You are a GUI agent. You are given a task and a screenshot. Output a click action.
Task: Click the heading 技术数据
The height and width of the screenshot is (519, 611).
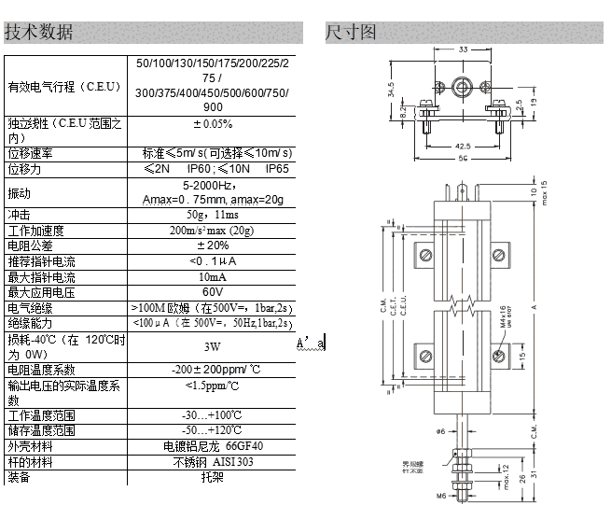[x=39, y=32]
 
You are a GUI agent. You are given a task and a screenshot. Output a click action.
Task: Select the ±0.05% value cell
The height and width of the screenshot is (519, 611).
[x=213, y=123]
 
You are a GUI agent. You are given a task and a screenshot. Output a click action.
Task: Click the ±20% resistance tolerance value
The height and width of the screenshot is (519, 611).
[x=213, y=245]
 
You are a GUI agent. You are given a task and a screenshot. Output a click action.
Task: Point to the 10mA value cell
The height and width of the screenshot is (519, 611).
[x=213, y=277]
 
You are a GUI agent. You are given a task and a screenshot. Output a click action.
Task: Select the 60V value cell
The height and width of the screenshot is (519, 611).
[x=213, y=292]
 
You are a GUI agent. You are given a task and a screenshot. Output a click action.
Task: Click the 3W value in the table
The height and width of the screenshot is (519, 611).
[x=213, y=345]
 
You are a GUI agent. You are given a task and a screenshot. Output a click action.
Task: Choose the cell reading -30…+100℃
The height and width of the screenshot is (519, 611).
[x=213, y=414]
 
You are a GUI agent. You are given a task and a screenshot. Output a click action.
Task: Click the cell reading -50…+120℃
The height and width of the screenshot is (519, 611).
[x=213, y=430]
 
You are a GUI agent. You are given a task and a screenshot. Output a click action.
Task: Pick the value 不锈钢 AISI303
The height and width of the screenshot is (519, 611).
[x=213, y=462]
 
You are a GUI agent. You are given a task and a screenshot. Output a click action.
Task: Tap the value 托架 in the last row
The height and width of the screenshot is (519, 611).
[x=213, y=477]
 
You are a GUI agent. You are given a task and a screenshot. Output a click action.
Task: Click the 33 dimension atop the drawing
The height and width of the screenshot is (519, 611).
[x=464, y=50]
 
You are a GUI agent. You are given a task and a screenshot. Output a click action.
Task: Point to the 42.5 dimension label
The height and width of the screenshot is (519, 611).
[x=464, y=147]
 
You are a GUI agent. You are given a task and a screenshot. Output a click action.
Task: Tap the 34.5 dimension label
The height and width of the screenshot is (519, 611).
[x=390, y=91]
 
